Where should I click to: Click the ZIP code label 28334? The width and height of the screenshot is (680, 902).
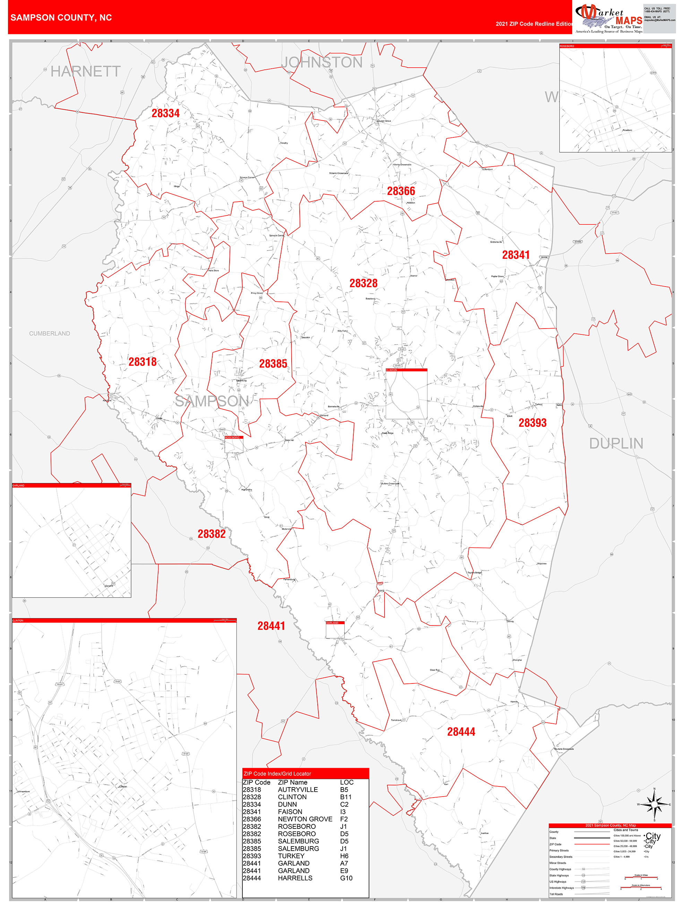coord(165,113)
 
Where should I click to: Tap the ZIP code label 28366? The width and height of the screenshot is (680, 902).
coord(401,191)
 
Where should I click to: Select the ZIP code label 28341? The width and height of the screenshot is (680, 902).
coord(516,255)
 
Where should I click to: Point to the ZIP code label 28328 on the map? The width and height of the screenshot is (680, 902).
coord(363,283)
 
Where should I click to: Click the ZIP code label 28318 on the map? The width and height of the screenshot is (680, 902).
coord(142,362)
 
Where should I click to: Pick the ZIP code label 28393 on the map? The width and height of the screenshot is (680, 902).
coord(532,423)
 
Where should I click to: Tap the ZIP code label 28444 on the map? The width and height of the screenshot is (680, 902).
coord(461,732)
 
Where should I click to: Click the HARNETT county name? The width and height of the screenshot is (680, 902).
coord(86,72)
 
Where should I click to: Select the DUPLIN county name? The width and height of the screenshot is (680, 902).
coord(616,443)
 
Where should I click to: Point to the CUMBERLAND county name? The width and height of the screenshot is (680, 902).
coord(49,333)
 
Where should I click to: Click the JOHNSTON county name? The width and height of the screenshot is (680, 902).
coord(322,62)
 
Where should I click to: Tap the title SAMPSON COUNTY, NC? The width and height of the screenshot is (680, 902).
coord(61,18)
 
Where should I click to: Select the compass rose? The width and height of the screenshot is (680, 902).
coord(654,805)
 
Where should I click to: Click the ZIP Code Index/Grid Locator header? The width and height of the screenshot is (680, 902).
coord(277,774)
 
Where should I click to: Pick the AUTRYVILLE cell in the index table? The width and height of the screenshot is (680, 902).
coord(298,790)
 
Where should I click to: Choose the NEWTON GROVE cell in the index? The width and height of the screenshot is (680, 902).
coord(305,819)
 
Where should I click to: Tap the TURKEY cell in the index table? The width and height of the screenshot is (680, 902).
coord(291,856)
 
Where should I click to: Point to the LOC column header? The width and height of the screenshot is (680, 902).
coord(346,782)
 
